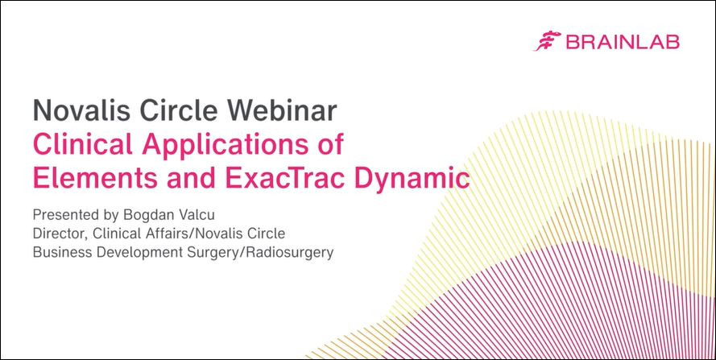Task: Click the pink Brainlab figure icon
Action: (x=548, y=41)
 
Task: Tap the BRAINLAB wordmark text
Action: (x=623, y=42)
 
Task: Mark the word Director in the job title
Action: (x=58, y=234)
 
